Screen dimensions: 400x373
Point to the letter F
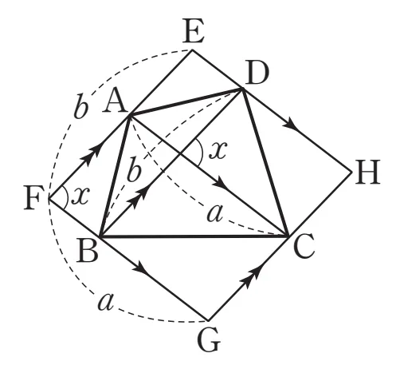[33, 198]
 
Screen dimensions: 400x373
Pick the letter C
[304, 246]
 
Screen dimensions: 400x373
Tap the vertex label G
[209, 340]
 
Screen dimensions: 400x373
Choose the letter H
[367, 173]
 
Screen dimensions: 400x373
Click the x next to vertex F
[81, 196]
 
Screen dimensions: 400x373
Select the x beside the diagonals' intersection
[218, 149]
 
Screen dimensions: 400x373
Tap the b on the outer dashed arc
[80, 109]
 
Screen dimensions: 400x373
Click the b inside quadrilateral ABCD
[134, 172]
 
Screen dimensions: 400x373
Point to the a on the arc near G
[106, 302]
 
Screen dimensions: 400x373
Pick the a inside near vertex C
[214, 213]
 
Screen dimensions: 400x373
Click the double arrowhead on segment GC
[249, 278]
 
